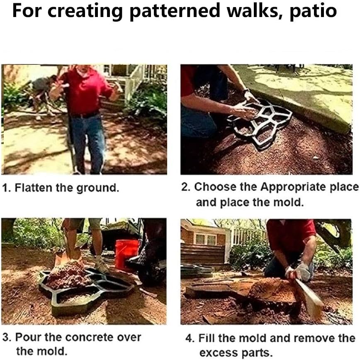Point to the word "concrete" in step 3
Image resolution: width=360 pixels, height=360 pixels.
point(92,337)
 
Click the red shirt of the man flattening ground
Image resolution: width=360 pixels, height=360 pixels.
point(85,91)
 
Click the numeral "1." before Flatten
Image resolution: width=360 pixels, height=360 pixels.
point(7,188)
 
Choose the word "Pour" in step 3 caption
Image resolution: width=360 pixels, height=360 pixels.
point(26,337)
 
